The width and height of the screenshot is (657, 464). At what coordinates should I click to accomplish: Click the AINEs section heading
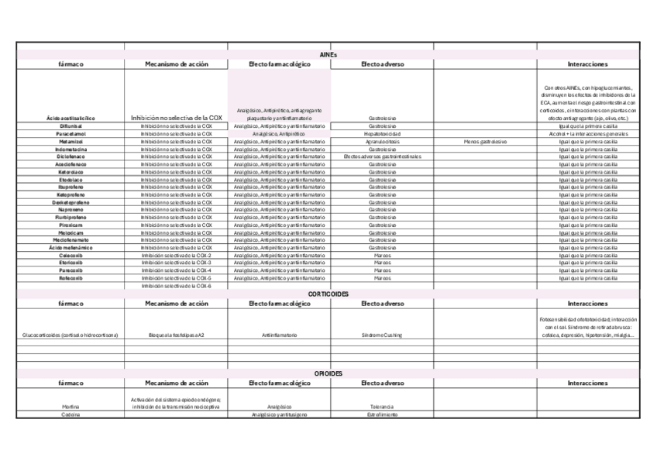click(x=328, y=54)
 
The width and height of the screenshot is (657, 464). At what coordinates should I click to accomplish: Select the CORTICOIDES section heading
click(x=328, y=294)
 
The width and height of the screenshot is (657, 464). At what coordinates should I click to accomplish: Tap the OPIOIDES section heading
click(x=328, y=373)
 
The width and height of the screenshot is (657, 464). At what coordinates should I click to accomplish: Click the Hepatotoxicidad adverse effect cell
click(x=382, y=133)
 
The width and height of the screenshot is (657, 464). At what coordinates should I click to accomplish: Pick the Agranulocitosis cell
click(x=382, y=141)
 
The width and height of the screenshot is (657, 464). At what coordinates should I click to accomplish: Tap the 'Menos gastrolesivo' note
click(x=485, y=141)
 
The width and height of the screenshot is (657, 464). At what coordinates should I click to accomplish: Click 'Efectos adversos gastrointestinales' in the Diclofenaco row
click(x=382, y=156)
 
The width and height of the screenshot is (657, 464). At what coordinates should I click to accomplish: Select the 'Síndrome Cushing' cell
click(x=382, y=335)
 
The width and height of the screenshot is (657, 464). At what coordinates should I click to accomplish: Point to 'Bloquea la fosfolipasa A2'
click(x=176, y=335)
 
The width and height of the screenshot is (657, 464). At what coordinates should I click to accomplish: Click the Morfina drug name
click(x=71, y=407)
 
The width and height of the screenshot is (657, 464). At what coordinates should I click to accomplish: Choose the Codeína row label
click(x=71, y=414)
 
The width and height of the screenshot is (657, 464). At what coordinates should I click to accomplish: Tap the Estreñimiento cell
click(x=382, y=414)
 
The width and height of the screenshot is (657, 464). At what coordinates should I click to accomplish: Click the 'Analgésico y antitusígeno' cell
click(x=279, y=414)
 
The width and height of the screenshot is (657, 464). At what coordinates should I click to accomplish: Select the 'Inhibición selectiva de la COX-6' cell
click(x=176, y=285)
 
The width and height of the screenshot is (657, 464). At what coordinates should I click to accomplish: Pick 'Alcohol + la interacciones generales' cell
click(x=587, y=133)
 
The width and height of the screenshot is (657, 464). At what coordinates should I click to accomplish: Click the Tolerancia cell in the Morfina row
click(x=382, y=407)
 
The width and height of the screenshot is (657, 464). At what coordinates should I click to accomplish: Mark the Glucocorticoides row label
click(x=71, y=335)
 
